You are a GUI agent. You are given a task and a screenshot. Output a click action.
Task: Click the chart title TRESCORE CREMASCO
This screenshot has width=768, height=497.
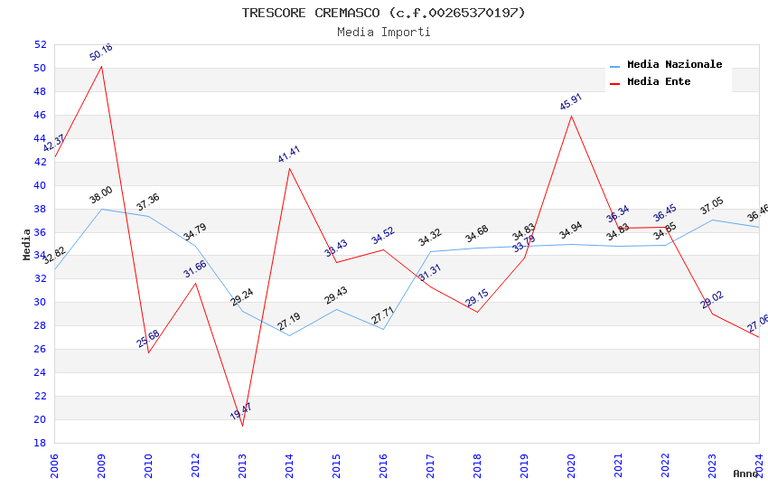point(383,13)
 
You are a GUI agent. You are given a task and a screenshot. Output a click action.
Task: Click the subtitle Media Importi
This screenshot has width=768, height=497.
point(383,32)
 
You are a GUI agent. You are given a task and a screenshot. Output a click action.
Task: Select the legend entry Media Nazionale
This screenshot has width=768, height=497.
point(674,64)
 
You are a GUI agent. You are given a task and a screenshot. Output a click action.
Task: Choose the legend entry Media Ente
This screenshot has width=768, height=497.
point(659,81)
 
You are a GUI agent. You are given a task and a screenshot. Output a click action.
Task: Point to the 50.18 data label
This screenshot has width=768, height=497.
point(101,52)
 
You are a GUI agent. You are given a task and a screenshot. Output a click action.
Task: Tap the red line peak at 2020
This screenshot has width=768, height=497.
point(571,115)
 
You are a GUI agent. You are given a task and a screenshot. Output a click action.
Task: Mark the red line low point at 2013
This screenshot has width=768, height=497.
point(242,426)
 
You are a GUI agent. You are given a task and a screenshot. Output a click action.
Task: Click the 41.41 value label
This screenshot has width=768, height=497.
point(289,154)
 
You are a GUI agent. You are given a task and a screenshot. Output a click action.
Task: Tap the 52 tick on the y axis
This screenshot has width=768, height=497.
point(40,44)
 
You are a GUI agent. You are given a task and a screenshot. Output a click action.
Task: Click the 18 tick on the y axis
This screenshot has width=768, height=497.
point(40,443)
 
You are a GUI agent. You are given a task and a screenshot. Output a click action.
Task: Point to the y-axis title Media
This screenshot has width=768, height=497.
point(27,244)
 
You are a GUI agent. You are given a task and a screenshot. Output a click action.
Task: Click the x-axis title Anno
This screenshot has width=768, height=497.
point(745,474)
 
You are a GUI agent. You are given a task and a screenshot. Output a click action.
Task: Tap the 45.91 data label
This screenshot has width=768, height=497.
point(571,101)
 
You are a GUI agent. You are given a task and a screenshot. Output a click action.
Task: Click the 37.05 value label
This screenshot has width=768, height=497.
point(712,207)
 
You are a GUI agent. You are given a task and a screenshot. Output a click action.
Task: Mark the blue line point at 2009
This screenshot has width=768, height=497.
point(101,209)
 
